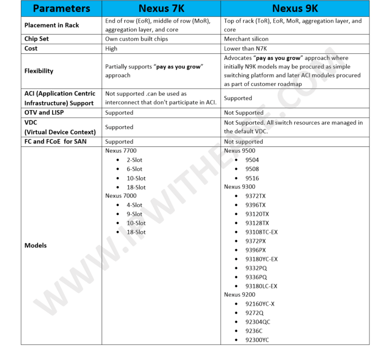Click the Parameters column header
tap(61, 9)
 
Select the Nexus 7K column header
tap(161, 9)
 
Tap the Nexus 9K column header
tap(295, 9)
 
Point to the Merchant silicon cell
tap(246, 39)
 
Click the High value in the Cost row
tap(111, 49)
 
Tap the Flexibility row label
tap(39, 71)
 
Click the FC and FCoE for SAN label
tap(55, 142)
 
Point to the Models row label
tap(36, 245)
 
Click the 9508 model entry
tap(252, 169)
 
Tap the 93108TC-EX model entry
tap(261, 232)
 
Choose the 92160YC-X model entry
tap(260, 304)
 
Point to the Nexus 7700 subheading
tap(121, 151)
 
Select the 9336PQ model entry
tap(256, 277)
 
